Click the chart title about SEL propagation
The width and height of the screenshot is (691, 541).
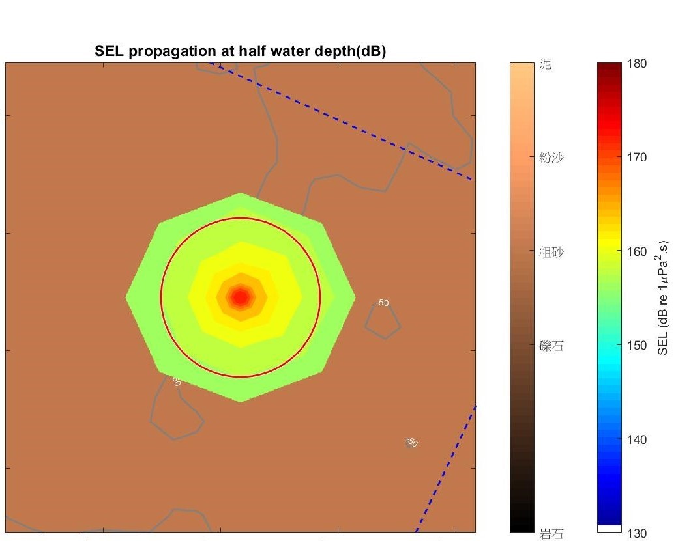[241, 51]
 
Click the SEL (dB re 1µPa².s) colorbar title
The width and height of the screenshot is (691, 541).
[664, 298]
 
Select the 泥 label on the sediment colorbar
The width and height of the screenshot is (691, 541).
[546, 64]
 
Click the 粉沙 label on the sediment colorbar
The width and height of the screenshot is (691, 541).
[551, 158]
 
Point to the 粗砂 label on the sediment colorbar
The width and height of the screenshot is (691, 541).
[551, 252]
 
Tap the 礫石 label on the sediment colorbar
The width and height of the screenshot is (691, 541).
[551, 346]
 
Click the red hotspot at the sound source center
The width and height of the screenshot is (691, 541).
[241, 297]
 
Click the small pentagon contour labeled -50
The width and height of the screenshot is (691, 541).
[383, 322]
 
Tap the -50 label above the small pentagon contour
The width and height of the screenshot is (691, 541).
[383, 303]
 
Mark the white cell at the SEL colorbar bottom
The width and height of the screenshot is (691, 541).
[610, 529]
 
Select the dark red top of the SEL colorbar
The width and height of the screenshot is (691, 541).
[610, 66]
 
